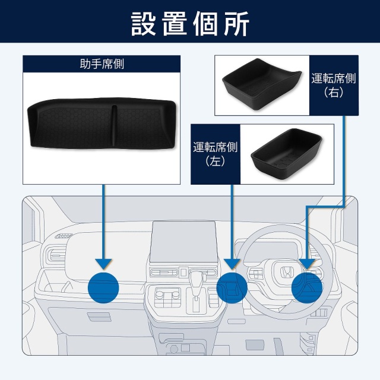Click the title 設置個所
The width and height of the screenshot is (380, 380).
tap(190, 23)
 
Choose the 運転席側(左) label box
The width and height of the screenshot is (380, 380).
tap(214, 154)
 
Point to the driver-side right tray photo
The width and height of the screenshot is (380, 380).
tap(262, 85)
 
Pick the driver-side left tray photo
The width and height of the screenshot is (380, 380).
tap(286, 154)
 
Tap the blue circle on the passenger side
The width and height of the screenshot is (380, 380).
tap(103, 287)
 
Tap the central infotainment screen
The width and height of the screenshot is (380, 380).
tap(182, 243)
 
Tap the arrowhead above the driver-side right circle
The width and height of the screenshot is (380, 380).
tap(306, 262)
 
